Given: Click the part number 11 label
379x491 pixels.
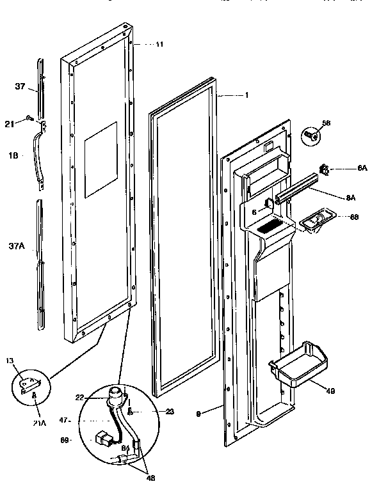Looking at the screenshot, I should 159,44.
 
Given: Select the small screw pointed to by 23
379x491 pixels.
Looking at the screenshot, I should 131,411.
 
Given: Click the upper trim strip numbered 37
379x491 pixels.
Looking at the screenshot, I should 41,83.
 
